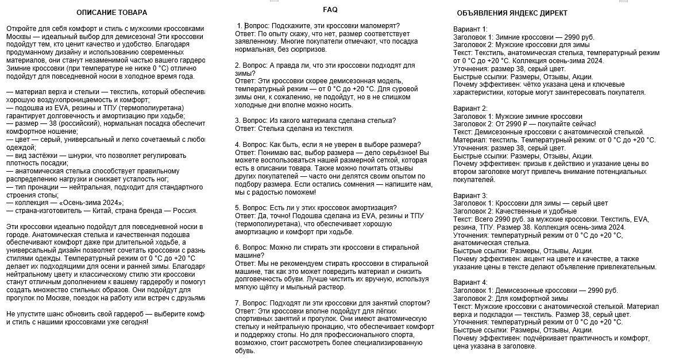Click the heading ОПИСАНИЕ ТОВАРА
coord(111,13)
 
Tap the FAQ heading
coord(330,10)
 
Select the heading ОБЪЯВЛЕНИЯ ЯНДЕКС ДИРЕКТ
coord(512,13)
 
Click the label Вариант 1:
coord(470,29)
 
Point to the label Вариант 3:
coord(470,196)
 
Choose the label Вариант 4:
coord(470,282)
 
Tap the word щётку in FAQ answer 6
coord(271,287)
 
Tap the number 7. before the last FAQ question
coord(238,303)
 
